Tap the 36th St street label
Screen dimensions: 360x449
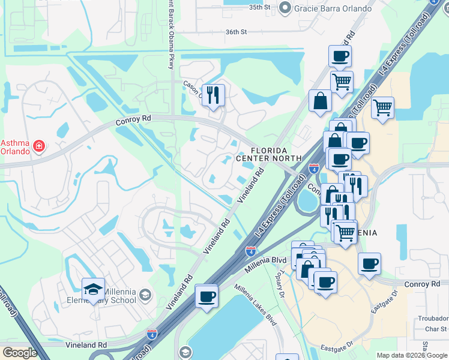[x=237, y=33]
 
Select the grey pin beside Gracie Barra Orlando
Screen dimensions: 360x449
[x=285, y=8]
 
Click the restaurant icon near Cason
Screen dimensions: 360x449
[x=213, y=95]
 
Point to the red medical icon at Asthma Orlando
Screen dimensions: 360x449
[x=39, y=146]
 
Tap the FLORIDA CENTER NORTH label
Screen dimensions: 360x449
[x=268, y=154]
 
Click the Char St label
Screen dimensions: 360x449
[x=435, y=329]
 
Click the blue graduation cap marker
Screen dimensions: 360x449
[x=93, y=289]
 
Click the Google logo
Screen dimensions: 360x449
[x=20, y=353]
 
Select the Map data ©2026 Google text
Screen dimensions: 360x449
[x=411, y=355]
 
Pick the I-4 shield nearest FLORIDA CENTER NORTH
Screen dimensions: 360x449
[x=313, y=169]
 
